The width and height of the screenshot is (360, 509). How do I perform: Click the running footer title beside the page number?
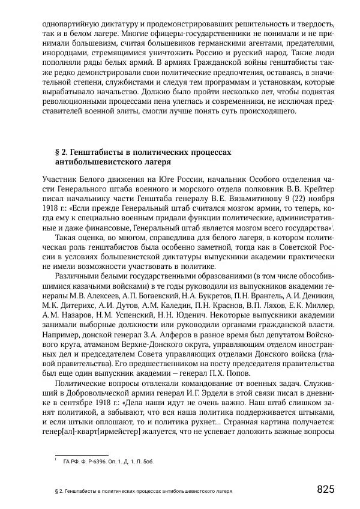tap(142, 490)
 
